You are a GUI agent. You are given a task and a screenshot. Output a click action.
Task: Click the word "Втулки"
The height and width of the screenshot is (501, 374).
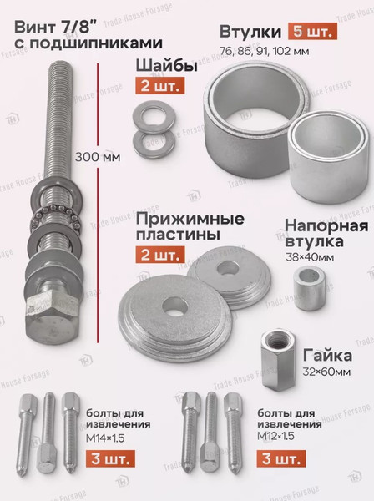(250, 33)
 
